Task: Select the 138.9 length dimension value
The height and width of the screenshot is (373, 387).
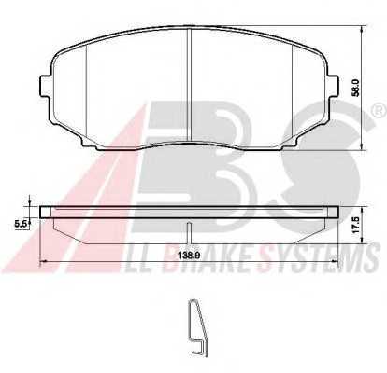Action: (x=190, y=256)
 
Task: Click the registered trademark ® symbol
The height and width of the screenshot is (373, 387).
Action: (x=380, y=111)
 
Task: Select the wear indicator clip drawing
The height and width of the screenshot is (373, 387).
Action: (x=197, y=327)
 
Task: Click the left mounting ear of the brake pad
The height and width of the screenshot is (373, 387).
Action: (x=45, y=87)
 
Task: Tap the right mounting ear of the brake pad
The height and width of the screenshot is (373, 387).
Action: (x=333, y=87)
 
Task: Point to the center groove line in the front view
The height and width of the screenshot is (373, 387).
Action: (x=189, y=85)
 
